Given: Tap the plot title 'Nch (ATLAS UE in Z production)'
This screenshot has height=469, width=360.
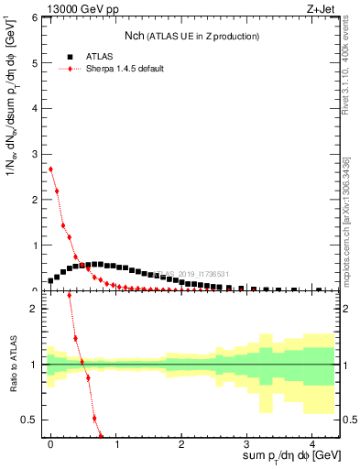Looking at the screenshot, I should click(x=191, y=36).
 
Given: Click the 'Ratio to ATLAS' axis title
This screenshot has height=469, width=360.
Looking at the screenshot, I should click(x=10, y=365).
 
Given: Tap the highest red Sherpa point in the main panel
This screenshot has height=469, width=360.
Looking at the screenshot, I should click(x=50, y=169).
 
